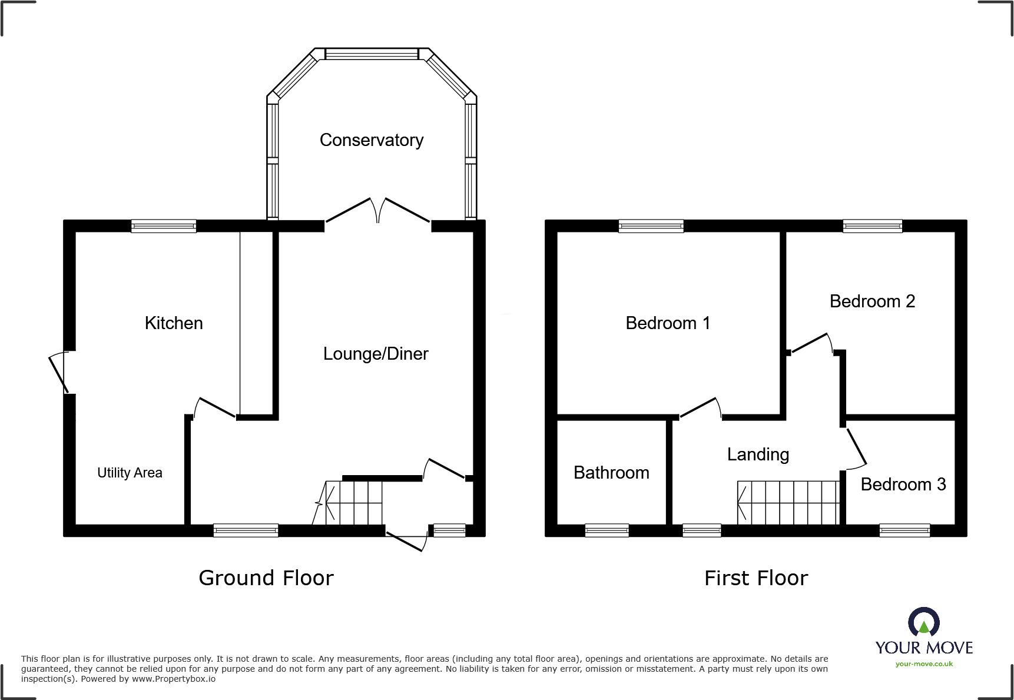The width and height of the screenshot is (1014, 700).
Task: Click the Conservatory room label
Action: coord(372,140)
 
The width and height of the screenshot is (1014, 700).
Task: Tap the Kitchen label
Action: coord(174,323)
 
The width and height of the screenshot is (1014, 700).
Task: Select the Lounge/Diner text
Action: coord(376,354)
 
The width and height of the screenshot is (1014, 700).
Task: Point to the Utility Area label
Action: coord(130,473)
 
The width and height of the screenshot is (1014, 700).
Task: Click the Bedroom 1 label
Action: coord(668,323)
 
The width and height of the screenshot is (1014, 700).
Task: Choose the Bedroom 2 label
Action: coord(872,301)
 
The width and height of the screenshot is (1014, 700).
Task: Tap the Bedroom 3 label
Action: coord(903,485)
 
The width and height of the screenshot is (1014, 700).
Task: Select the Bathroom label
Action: coord(611,473)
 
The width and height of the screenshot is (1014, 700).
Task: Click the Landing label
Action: coord(758,454)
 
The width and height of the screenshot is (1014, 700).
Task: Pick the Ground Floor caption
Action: coord(266,578)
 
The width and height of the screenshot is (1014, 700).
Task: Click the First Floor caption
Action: coord(756,578)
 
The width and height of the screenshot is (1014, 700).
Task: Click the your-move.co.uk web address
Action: coord(924,664)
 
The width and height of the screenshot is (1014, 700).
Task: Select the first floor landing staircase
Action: coord(788,502)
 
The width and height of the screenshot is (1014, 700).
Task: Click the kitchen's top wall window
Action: coord(164,226)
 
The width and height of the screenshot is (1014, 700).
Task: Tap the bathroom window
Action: coord(607,530)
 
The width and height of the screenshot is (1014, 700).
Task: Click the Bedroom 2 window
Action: coord(872,226)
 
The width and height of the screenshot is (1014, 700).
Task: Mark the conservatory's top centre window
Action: coord(372,54)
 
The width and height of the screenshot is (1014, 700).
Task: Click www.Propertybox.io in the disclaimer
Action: coord(174,679)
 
